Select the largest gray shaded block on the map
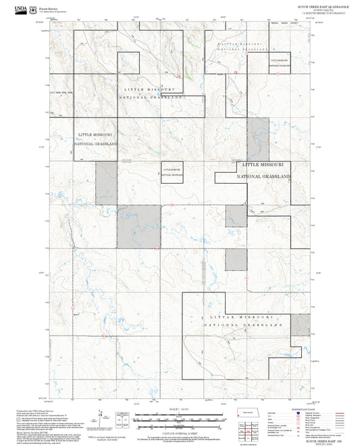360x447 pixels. [140, 226]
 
